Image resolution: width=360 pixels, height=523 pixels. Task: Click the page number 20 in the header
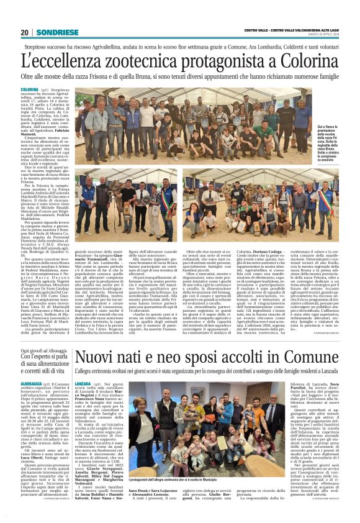25,33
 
